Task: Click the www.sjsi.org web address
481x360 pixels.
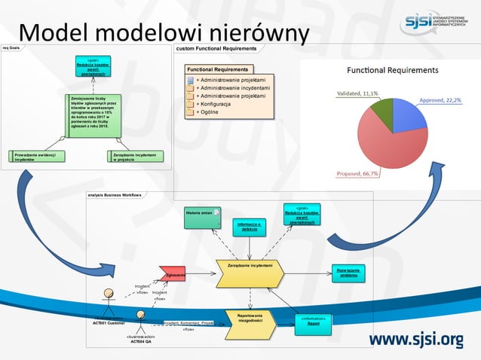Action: coord(415,340)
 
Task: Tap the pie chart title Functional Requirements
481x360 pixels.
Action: coord(392,70)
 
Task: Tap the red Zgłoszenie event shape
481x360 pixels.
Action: coord(172,276)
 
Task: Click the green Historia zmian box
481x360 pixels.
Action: coord(202,217)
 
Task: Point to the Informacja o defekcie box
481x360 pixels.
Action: coord(249,226)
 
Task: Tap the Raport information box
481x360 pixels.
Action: coord(314,322)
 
